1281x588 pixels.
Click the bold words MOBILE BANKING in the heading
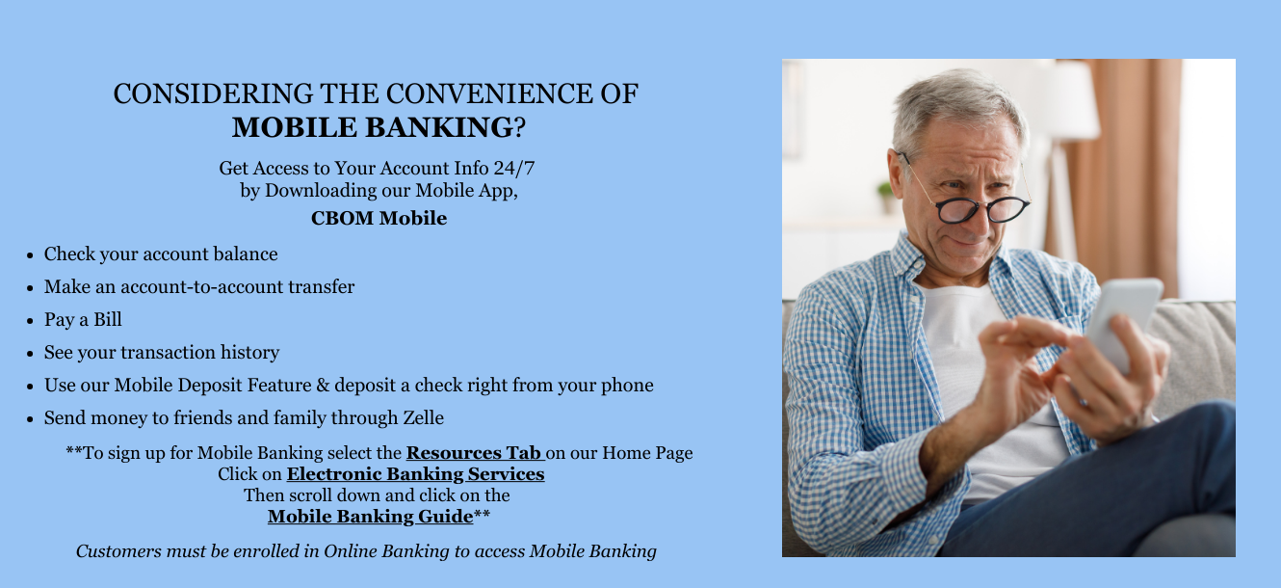click(373, 127)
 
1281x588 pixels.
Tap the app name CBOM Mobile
click(379, 218)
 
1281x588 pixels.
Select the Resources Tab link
click(475, 453)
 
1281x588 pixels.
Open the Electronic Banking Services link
click(416, 474)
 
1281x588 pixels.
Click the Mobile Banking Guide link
click(371, 517)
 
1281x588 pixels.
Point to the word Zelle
click(423, 417)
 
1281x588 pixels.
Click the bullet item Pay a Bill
click(83, 319)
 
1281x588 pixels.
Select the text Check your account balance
click(161, 254)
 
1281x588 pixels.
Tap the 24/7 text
click(514, 168)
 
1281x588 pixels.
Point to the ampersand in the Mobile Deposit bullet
click(323, 386)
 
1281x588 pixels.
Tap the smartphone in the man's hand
click(1123, 322)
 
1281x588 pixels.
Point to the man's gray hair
click(955, 106)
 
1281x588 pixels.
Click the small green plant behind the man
click(885, 196)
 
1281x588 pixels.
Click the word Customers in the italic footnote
click(119, 550)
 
